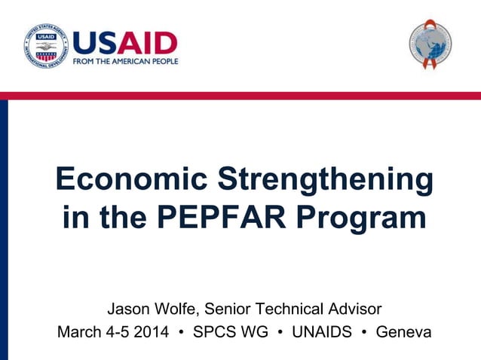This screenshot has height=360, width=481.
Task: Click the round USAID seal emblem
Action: (46, 46)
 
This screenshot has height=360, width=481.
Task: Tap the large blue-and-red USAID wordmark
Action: (125, 42)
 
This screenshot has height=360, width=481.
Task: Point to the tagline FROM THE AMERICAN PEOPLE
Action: (125, 61)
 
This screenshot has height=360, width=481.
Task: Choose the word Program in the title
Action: (360, 219)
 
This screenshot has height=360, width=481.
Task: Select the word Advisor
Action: (354, 309)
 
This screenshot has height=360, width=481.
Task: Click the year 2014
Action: (150, 332)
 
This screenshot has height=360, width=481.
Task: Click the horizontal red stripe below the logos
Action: (240, 96)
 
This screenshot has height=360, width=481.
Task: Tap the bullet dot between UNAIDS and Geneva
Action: (365, 332)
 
